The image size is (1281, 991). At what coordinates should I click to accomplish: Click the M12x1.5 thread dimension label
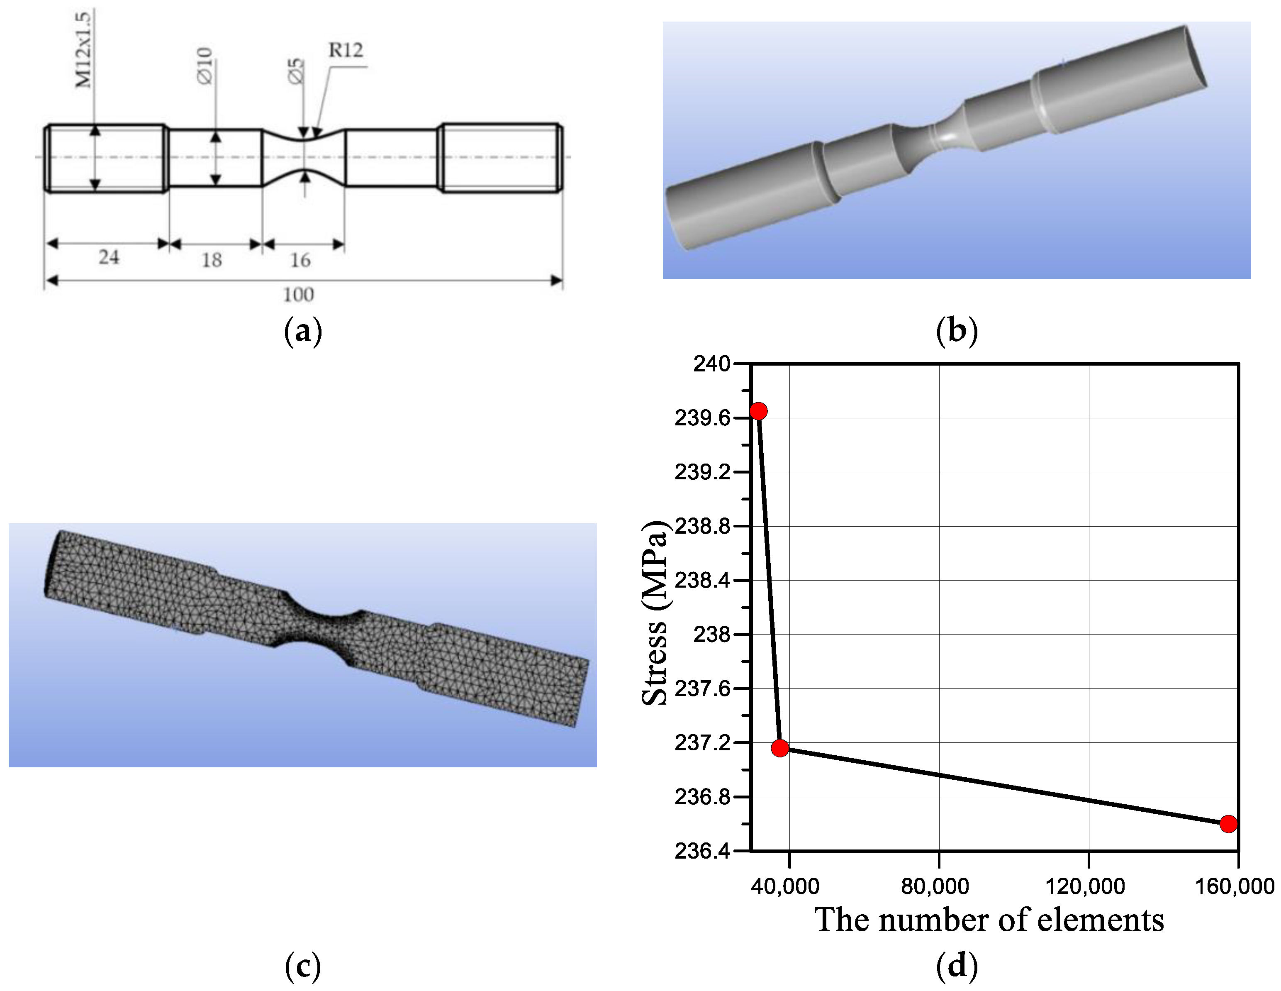[84, 50]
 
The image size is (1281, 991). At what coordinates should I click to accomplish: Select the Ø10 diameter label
[204, 66]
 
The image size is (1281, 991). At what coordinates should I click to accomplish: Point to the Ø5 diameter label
[296, 71]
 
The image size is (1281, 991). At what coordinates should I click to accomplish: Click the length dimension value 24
[109, 257]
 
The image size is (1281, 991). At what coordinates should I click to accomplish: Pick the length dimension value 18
[212, 260]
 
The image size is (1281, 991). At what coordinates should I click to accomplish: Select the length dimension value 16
[300, 260]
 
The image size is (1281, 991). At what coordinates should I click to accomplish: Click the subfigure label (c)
[303, 965]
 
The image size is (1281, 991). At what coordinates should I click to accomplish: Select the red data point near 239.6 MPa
[758, 411]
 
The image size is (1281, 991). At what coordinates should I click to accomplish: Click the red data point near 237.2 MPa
[779, 748]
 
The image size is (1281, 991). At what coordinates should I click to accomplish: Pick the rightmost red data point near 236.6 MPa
[1228, 824]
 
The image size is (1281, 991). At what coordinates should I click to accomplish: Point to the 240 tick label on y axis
[711, 364]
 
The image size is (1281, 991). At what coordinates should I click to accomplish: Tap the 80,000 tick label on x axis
[935, 886]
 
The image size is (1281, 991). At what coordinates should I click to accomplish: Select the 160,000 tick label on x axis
[1235, 886]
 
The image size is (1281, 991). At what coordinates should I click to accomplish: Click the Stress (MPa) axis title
[655, 613]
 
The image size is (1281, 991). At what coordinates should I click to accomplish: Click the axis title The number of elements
[989, 920]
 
